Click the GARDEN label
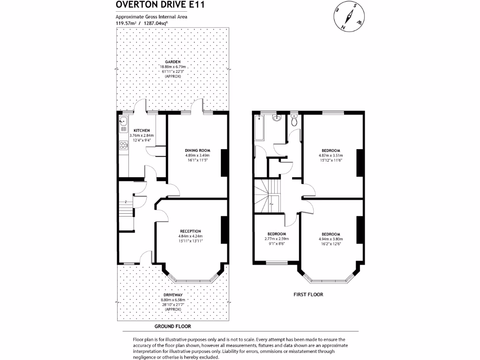(172, 61)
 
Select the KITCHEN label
(142, 130)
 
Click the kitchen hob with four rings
(124, 145)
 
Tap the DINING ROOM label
(197, 150)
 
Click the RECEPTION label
(190, 231)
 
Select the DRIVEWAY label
(172, 295)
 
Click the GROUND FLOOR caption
(173, 326)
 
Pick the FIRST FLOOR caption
(308, 294)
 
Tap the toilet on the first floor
(294, 121)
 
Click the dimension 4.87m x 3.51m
(331, 156)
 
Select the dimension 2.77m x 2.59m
(277, 239)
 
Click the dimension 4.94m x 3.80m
(330, 239)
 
